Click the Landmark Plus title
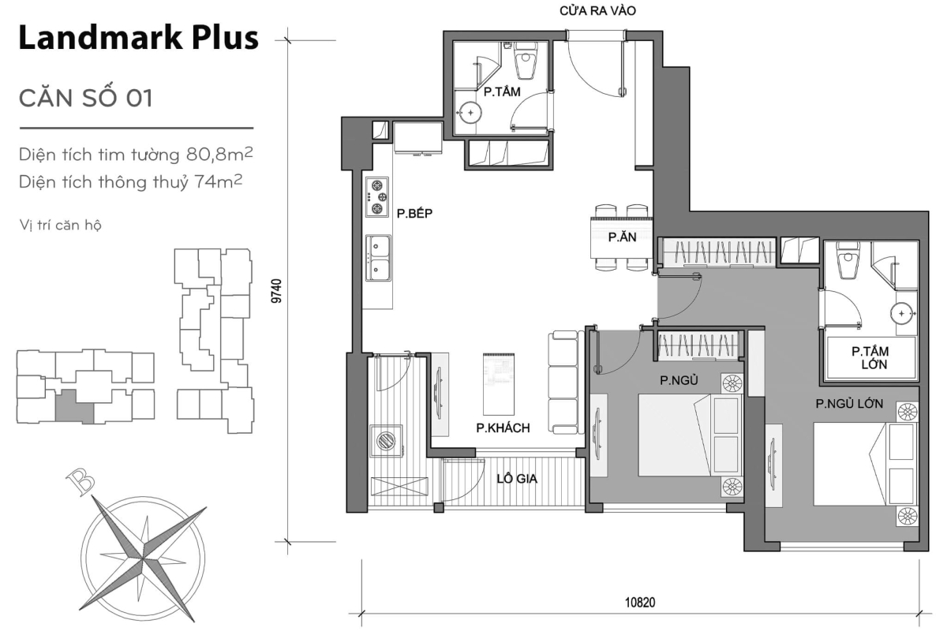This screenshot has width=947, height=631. click(x=138, y=38)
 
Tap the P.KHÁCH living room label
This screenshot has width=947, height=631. click(x=502, y=428)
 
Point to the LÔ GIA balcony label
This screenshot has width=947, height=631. click(x=517, y=478)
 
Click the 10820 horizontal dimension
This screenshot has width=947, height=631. click(x=640, y=603)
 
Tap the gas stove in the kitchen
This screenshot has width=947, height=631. click(x=378, y=197)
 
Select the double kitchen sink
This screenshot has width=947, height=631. click(x=379, y=257)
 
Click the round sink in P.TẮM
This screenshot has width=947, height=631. click(x=471, y=113)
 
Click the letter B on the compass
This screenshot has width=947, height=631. click(x=78, y=481)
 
